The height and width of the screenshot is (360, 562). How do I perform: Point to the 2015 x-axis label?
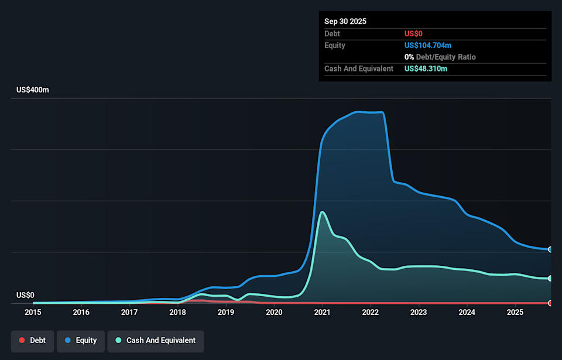point(33,313)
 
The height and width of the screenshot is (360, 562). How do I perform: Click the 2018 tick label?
point(177,313)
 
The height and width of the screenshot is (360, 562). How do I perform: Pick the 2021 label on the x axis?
point(322,313)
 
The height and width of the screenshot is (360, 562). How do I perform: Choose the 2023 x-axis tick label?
point(419,313)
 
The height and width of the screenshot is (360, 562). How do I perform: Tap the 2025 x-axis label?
point(515,313)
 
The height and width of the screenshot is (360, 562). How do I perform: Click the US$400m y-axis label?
point(33,90)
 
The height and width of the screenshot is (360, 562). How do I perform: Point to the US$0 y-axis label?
point(25,295)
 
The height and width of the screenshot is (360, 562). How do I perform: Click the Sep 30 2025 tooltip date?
point(345,22)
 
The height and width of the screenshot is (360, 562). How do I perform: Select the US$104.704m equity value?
point(428,46)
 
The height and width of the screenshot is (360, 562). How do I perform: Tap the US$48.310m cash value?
point(426,69)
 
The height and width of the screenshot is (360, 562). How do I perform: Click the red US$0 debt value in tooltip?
point(413,34)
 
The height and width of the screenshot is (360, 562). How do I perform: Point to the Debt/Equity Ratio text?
point(446,57)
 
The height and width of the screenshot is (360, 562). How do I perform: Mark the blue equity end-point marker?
point(550,249)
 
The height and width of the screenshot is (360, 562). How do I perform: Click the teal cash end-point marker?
point(550,278)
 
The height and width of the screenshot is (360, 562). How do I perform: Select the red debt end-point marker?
point(550,303)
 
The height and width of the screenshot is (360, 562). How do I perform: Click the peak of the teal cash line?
point(323,212)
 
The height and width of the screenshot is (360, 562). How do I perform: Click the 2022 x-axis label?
point(370,313)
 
